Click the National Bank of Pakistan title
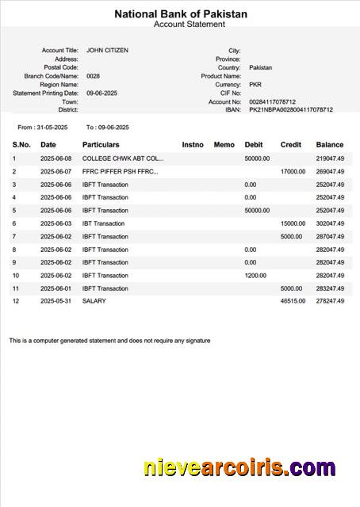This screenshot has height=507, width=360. (x=181, y=14)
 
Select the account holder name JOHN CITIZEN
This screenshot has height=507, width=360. (x=107, y=50)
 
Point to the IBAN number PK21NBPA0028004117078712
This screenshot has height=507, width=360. (x=291, y=110)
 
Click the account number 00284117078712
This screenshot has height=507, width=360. (x=272, y=101)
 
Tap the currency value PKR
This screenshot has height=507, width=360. (x=255, y=84)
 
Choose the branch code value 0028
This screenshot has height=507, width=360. (x=93, y=76)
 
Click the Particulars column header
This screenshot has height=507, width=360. (x=101, y=145)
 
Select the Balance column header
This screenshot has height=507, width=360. (x=330, y=145)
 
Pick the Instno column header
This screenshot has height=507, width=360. (x=193, y=145)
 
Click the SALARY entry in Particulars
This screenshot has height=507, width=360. (x=94, y=301)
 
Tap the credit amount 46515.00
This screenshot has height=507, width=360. (x=293, y=301)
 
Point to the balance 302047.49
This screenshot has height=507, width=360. (x=330, y=223)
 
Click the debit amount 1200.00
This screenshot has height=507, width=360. (x=256, y=275)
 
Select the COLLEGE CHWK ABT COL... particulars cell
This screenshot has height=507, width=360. (x=123, y=158)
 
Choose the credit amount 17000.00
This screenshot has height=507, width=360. (x=293, y=171)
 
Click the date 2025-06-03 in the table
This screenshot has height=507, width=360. (x=56, y=223)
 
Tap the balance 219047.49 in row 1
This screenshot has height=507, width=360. (x=330, y=158)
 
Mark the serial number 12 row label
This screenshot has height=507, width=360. (x=15, y=301)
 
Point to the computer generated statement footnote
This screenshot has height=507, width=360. (x=110, y=341)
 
